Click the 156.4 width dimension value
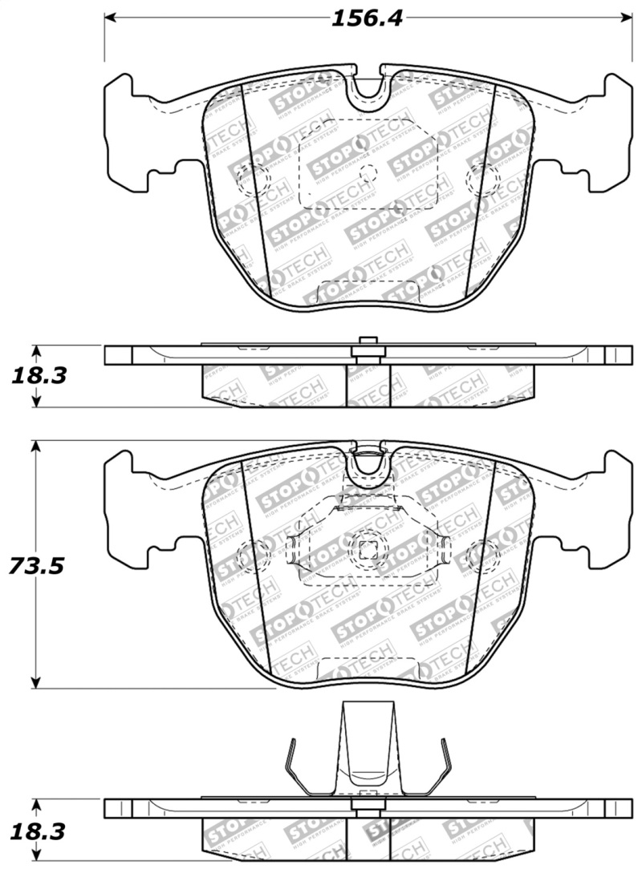(367, 18)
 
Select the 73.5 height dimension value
(35, 566)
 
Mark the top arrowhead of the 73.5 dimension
(35, 447)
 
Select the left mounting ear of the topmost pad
(128, 132)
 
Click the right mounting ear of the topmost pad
(607, 132)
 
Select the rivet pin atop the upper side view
(368, 343)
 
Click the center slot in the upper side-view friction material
(368, 385)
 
